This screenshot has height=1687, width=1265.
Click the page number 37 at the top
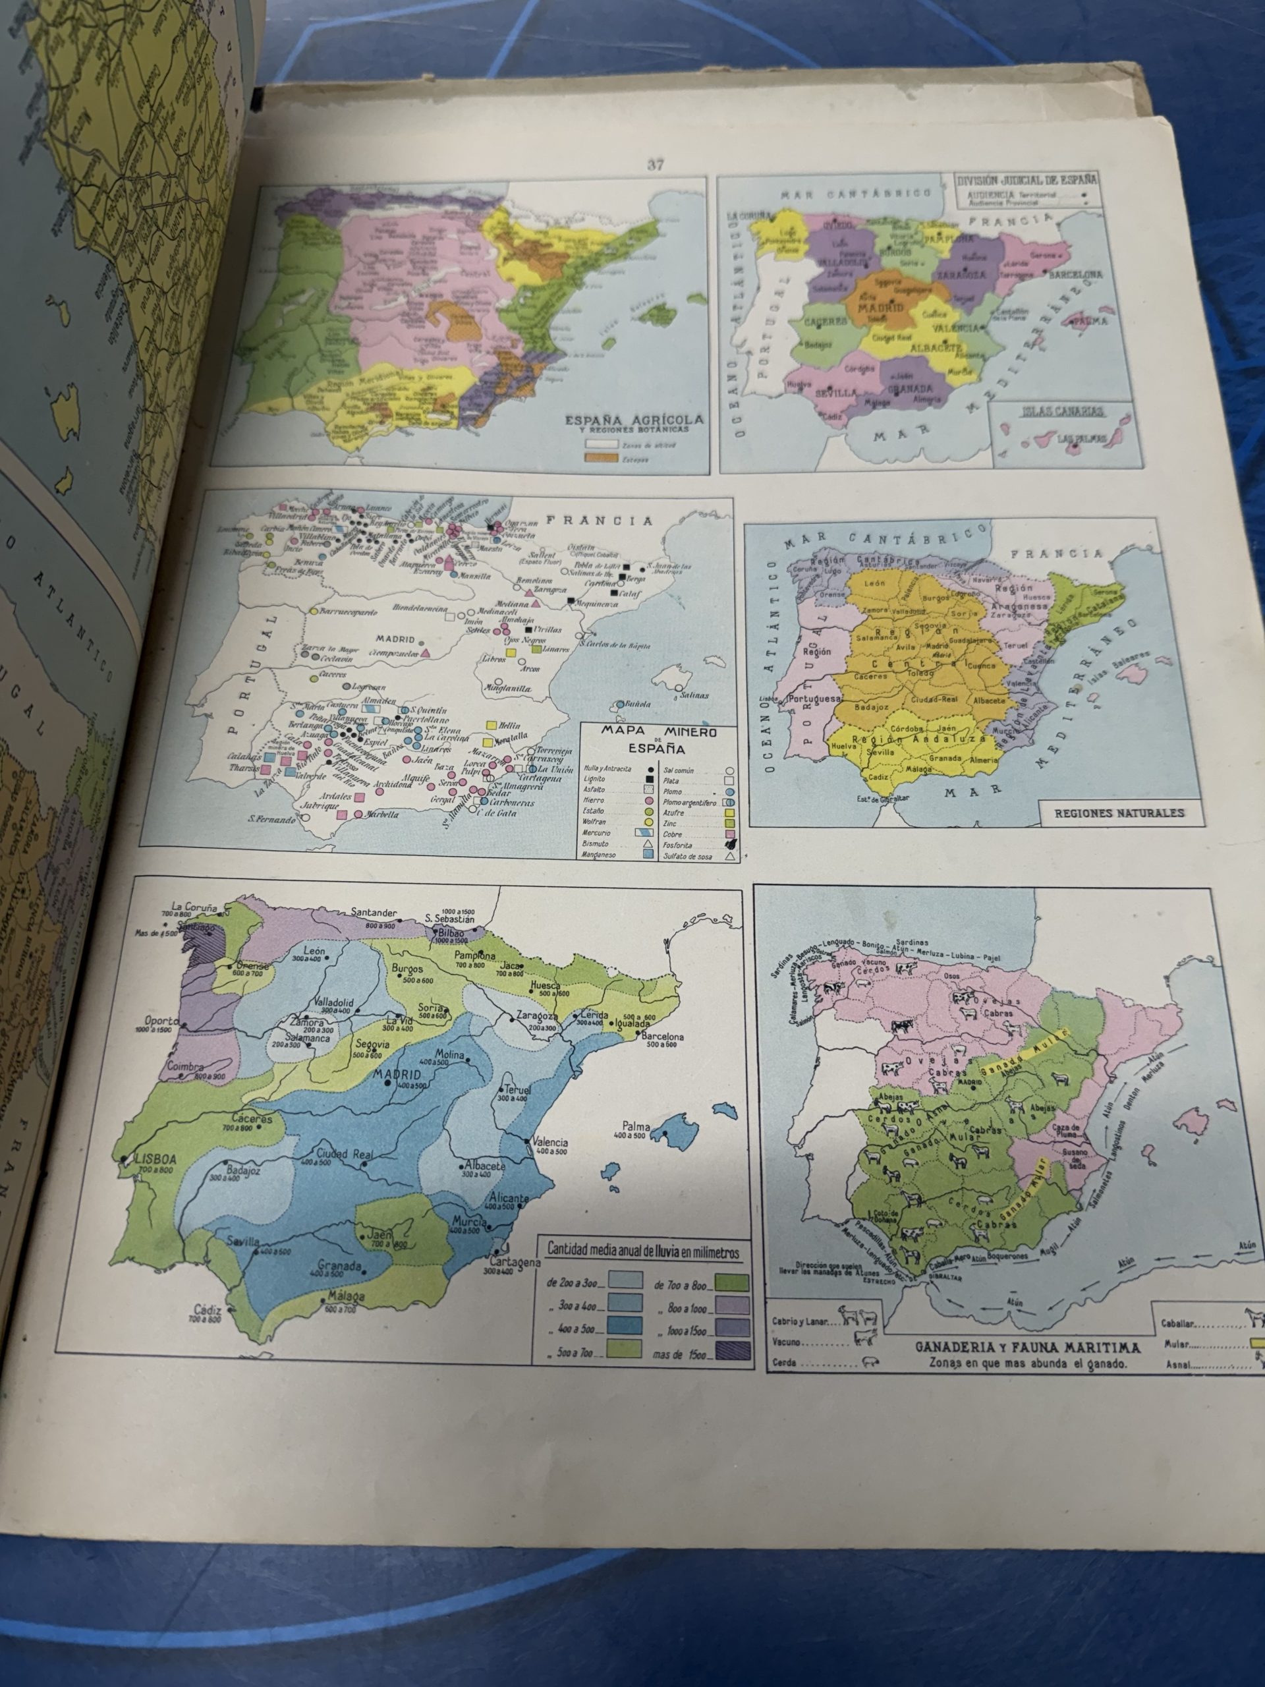pyautogui.click(x=656, y=164)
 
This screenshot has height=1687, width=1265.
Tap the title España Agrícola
pyautogui.click(x=633, y=420)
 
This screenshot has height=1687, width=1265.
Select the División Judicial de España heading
pyautogui.click(x=1027, y=181)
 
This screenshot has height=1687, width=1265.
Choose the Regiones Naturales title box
pyautogui.click(x=1119, y=813)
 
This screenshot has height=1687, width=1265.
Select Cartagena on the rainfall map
pyautogui.click(x=515, y=1261)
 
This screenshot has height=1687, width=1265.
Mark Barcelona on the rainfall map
pyautogui.click(x=662, y=1037)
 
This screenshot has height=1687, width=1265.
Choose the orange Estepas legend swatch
pyautogui.click(x=600, y=457)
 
